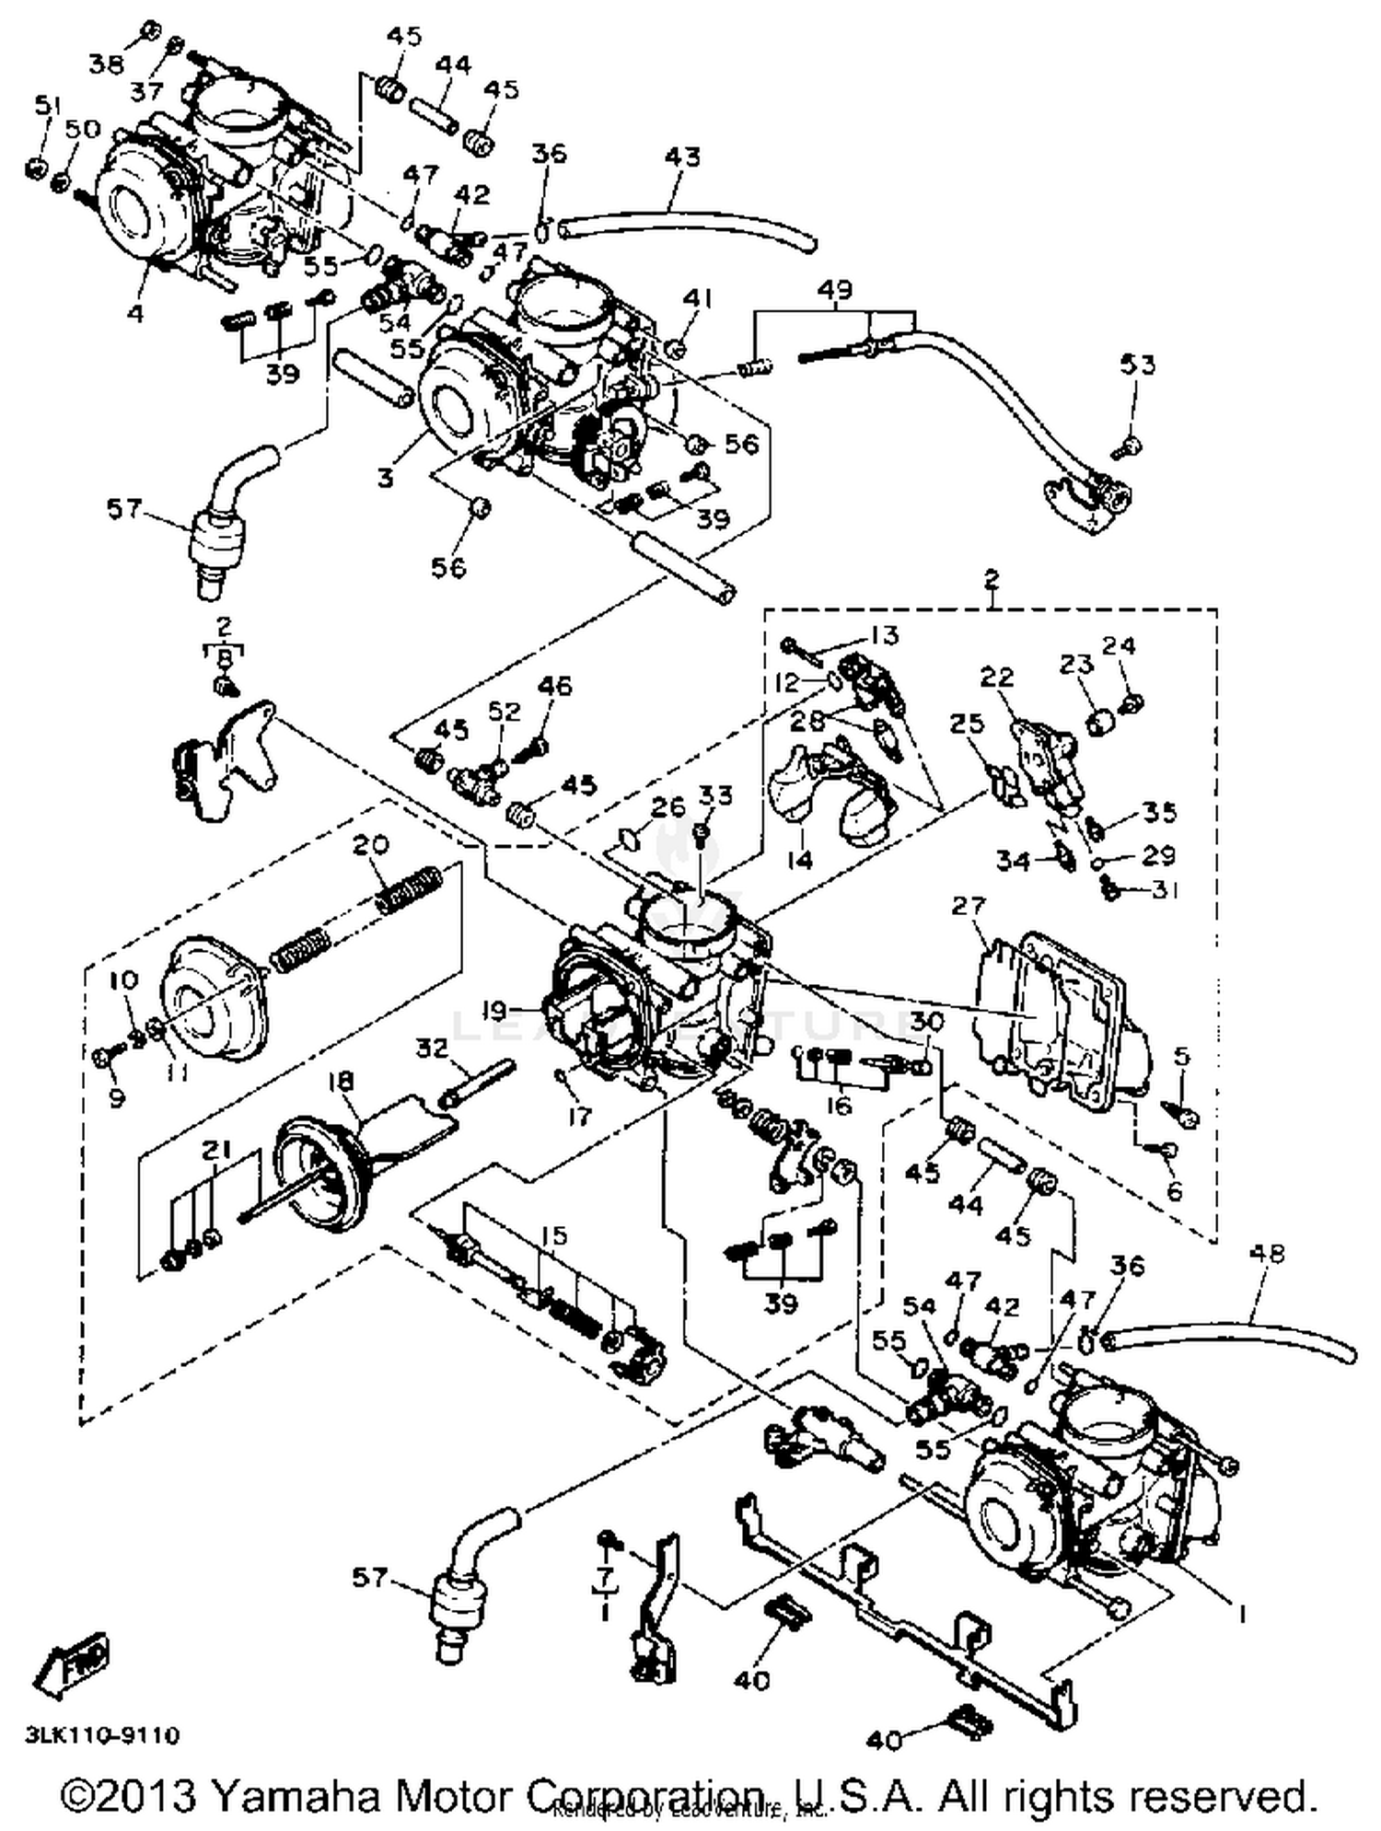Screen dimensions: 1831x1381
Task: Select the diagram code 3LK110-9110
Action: (x=102, y=1734)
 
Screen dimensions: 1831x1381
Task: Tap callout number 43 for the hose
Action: (x=683, y=157)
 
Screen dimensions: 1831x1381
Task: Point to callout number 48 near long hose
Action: (x=1269, y=1254)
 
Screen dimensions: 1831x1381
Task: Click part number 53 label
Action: (x=1137, y=365)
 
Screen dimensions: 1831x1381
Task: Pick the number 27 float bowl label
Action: (x=969, y=906)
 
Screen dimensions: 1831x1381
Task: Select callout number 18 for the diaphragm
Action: (x=342, y=1080)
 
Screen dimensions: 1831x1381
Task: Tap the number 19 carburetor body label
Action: (x=494, y=1011)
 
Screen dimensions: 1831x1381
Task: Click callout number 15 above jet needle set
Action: (x=554, y=1235)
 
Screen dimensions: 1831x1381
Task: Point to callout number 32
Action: (x=432, y=1048)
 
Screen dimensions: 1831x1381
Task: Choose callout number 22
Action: (x=996, y=677)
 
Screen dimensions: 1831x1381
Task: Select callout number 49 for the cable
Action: (x=835, y=290)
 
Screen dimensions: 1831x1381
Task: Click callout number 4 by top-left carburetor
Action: (x=136, y=314)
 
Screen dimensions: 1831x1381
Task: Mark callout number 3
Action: (x=386, y=479)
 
